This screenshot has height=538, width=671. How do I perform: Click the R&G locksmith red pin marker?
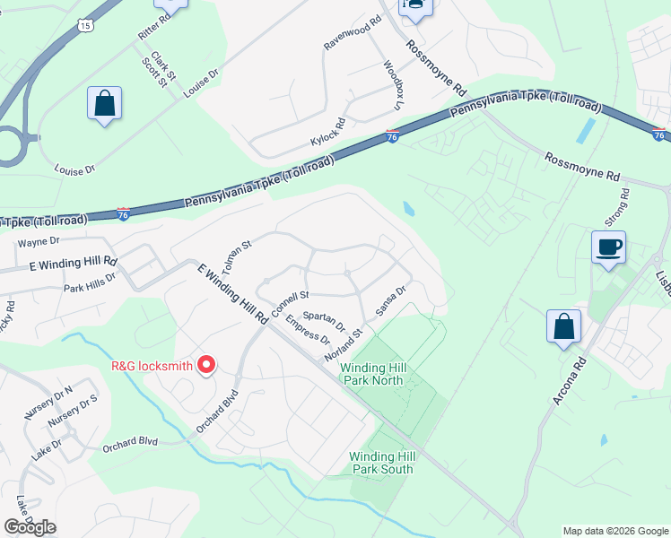207,365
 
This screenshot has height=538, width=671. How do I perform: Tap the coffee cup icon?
608,247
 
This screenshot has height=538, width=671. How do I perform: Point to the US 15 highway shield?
85,26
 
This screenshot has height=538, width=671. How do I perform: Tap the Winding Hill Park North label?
374,374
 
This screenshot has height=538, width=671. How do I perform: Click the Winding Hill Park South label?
381,463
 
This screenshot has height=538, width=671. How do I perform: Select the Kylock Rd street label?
328,132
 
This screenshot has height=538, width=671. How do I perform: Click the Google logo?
30,527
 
